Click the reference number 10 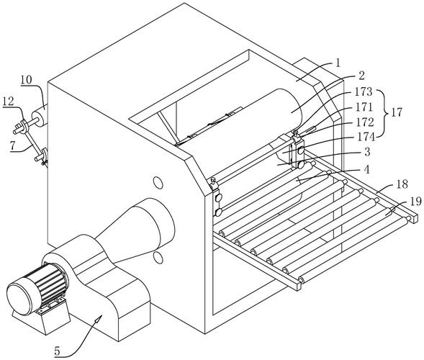coord(27,80)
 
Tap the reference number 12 coord(9,102)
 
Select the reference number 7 coord(12,146)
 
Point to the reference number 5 coord(57,351)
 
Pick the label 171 coord(364,107)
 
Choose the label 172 coord(365,122)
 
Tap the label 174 coord(366,138)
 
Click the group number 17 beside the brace coord(397,112)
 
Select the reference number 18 coord(402,184)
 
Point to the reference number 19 coord(415,202)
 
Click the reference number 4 coord(366,170)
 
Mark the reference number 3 coord(367,152)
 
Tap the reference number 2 coord(361,76)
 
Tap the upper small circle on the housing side coord(158,183)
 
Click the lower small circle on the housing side coord(158,258)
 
